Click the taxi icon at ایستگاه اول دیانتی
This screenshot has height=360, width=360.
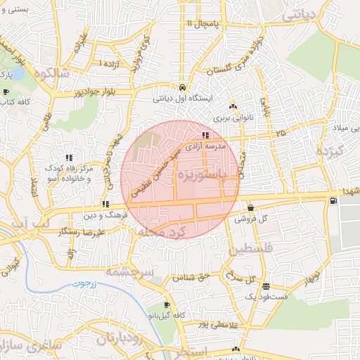[182, 87]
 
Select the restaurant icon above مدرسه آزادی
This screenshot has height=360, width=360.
[205, 134]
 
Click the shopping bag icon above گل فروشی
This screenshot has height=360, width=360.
[251, 207]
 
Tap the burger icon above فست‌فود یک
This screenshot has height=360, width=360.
[266, 286]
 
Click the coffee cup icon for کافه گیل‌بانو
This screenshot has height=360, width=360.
[166, 305]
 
